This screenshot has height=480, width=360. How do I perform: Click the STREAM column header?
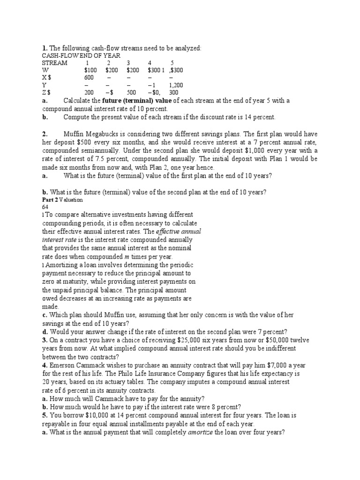click(x=54, y=63)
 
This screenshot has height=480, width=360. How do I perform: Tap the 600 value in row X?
click(x=89, y=78)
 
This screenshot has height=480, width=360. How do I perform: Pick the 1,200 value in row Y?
click(x=176, y=85)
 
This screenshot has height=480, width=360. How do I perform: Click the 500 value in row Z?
click(x=131, y=93)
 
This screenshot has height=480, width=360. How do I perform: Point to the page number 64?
click(x=45, y=207)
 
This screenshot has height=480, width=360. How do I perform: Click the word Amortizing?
click(x=60, y=265)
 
